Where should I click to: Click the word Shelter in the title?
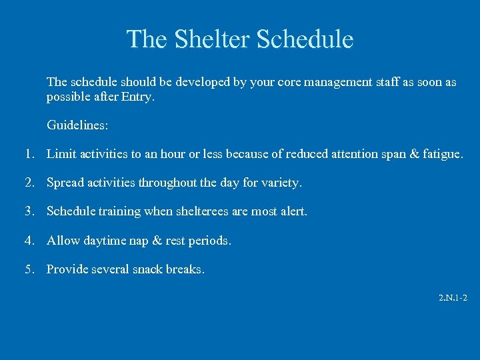coord(211,39)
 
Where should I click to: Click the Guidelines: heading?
coord(78,125)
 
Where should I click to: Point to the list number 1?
coord(29,154)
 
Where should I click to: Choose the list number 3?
coord(29,211)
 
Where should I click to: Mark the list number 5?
coord(29,269)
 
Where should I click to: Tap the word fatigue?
coord(441,154)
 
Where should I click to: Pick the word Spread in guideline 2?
coord(65,183)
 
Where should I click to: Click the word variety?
coord(282,183)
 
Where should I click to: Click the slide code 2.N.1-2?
coord(453,298)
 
